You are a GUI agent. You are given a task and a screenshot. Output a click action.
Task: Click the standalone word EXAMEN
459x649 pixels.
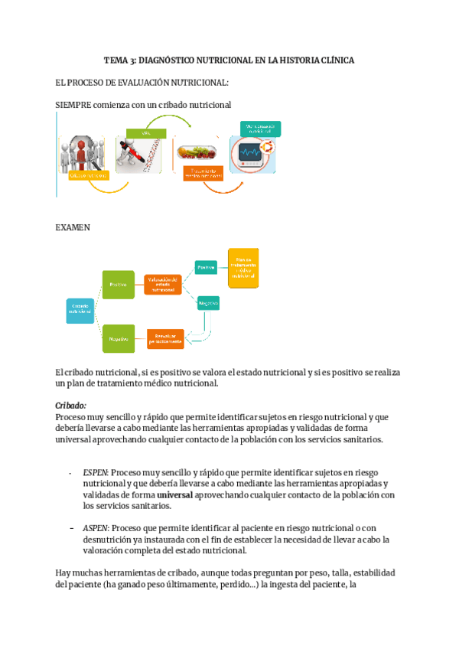[73, 227]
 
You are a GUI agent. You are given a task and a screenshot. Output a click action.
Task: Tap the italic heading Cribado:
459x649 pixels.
[71, 406]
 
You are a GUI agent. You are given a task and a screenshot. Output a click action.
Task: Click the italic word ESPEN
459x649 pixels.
[96, 473]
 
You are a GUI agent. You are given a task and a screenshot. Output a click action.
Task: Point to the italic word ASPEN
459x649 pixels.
[96, 528]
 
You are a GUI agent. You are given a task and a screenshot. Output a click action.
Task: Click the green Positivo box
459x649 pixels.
[119, 285]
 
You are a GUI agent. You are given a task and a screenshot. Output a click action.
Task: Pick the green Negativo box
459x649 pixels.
[119, 338]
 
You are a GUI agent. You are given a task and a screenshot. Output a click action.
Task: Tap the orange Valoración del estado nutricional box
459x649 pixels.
[163, 285]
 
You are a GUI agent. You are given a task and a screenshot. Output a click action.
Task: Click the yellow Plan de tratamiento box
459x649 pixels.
[243, 268]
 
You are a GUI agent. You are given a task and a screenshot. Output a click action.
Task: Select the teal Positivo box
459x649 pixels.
[206, 267]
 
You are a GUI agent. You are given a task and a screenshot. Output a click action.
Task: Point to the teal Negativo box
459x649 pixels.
[208, 302]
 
